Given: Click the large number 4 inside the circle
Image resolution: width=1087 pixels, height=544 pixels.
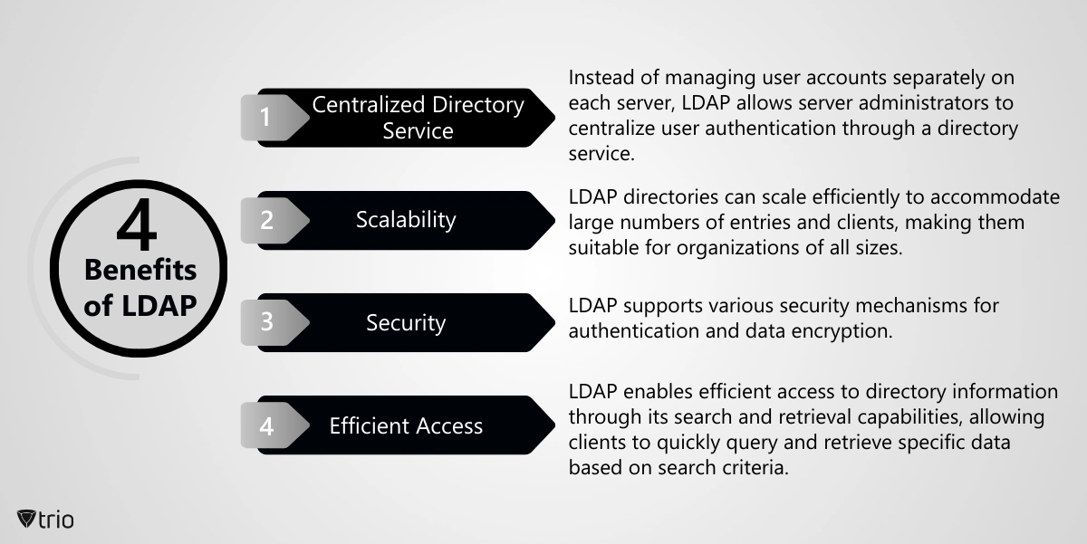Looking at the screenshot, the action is (x=138, y=224).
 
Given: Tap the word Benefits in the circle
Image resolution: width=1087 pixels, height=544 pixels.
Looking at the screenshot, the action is (x=140, y=270).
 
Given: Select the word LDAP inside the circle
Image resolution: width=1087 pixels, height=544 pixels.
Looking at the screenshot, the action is (x=159, y=305).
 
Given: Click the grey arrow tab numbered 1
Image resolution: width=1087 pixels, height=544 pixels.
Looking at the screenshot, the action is (x=274, y=118).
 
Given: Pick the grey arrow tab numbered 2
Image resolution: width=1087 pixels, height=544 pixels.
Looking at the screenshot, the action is (x=274, y=221).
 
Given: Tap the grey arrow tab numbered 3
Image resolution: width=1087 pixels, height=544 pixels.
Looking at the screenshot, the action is (x=274, y=322).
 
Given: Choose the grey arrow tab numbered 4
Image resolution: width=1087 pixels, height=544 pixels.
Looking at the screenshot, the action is (x=274, y=425).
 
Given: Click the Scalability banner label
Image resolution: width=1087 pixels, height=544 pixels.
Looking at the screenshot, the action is (x=406, y=220).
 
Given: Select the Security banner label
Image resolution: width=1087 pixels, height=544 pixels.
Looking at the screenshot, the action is (x=406, y=323).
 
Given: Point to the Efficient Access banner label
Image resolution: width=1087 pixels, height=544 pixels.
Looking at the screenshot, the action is (x=406, y=425).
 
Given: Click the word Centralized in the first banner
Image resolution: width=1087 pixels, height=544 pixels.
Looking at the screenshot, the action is (x=369, y=105).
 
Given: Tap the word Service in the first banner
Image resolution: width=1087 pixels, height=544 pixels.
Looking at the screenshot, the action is (x=418, y=131).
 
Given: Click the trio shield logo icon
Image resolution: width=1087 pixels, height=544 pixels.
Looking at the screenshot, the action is (x=26, y=519).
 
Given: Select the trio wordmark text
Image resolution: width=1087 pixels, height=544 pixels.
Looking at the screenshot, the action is (x=56, y=520).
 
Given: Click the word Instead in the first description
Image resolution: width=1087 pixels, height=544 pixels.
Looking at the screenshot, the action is (x=601, y=78).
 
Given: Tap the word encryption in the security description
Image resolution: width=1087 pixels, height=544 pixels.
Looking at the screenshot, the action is (x=842, y=331).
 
